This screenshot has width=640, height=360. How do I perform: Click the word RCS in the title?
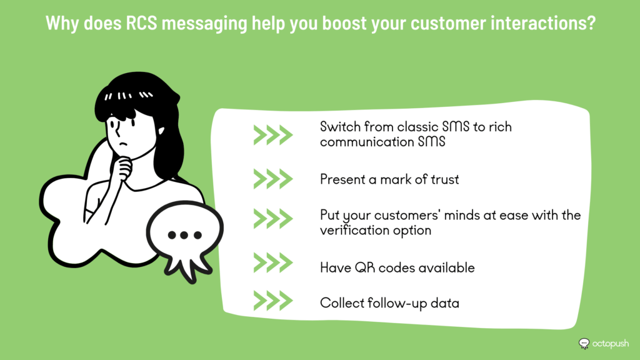click(x=141, y=23)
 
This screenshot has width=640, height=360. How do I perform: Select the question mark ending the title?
click(x=591, y=23)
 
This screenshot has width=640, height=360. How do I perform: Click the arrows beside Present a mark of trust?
click(x=273, y=179)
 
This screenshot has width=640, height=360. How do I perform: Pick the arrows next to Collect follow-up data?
click(x=273, y=301)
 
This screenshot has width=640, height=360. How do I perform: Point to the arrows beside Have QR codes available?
click(x=273, y=262)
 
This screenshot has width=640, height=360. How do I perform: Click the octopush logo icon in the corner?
click(x=584, y=344)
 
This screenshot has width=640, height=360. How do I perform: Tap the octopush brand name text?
click(x=611, y=344)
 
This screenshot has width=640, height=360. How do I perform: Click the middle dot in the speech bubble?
click(x=184, y=235)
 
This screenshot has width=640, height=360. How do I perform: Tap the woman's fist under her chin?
click(x=122, y=168)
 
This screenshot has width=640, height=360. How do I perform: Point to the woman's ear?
click(x=161, y=131)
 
